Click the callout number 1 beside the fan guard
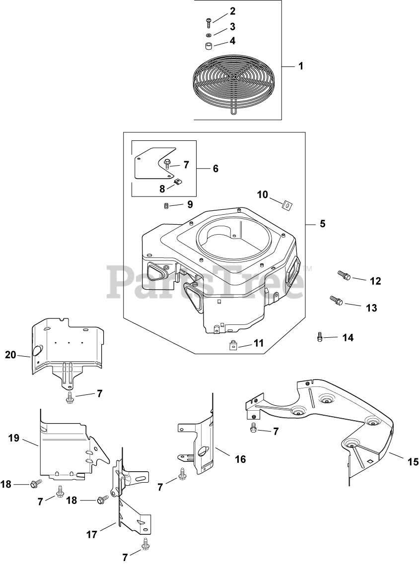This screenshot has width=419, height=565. click(300, 66)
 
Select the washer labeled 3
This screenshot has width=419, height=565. click(209, 35)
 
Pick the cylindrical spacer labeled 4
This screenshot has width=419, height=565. click(209, 47)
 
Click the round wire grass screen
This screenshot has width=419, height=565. click(234, 82)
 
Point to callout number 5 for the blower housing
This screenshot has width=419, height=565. click(323, 224)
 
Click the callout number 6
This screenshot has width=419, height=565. click(215, 169)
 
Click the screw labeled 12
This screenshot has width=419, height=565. click(344, 275)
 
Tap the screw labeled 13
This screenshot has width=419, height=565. click(336, 300)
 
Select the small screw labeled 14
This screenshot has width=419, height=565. click(320, 337)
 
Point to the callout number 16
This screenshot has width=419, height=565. click(240, 459)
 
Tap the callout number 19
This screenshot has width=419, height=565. click(13, 438)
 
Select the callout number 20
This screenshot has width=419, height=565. click(10, 355)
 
